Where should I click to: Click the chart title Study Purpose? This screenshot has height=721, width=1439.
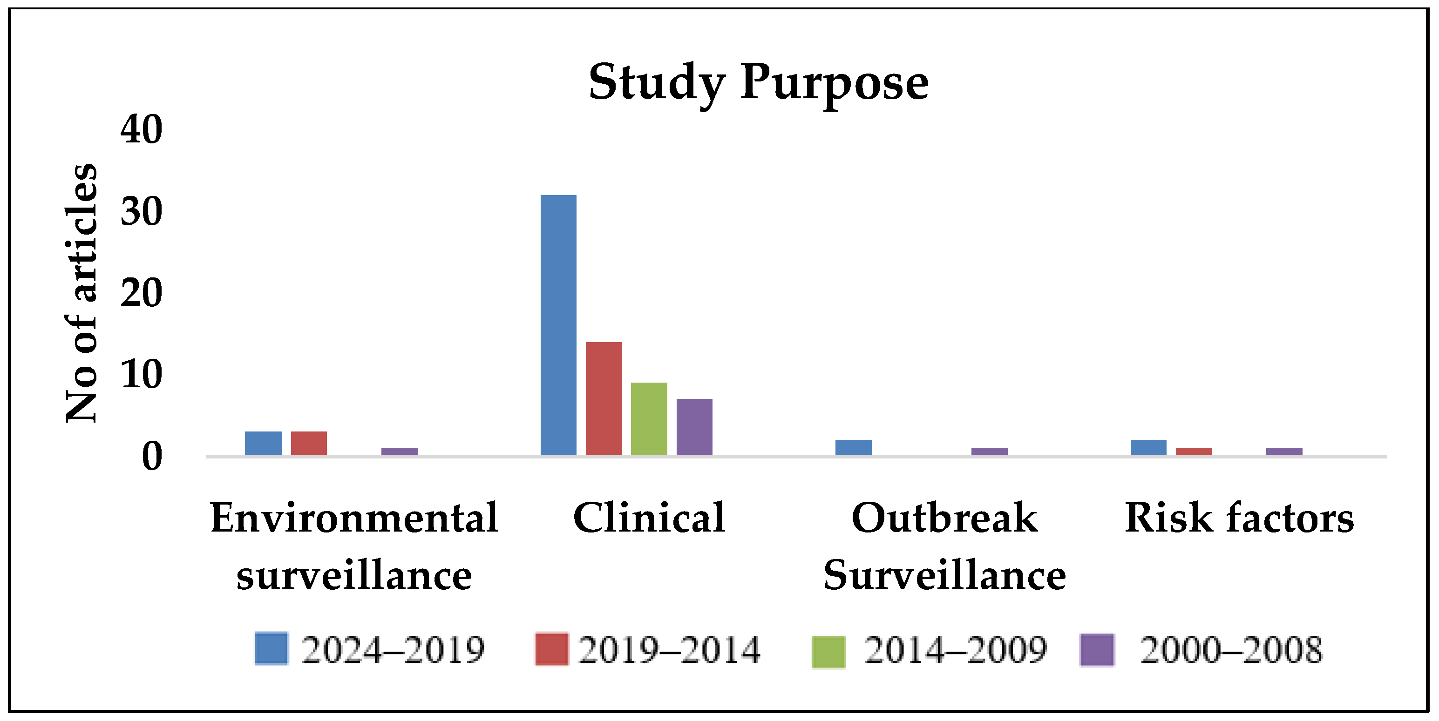point(758,83)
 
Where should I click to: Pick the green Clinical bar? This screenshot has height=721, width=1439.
point(649,418)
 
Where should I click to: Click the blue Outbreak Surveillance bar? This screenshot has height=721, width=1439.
point(853,447)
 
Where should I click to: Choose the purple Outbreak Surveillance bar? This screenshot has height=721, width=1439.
point(989,451)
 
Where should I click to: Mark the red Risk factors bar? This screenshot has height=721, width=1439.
point(1193,451)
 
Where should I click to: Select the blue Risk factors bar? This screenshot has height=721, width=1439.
point(1148,447)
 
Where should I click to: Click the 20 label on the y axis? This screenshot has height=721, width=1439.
point(141,293)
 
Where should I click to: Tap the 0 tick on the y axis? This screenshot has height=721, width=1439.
point(151,456)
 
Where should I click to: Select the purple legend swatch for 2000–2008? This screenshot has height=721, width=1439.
point(1097,649)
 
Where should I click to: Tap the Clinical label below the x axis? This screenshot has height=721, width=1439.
point(649,518)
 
